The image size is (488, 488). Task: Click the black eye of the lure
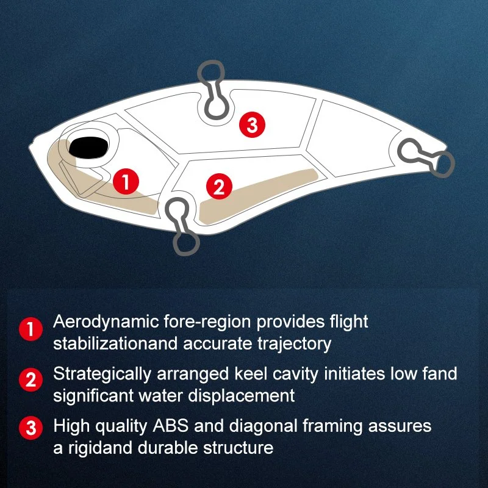[88, 147]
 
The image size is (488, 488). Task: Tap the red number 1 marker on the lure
[126, 181]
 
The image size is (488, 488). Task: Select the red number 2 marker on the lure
[219, 187]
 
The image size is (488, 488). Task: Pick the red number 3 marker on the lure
[252, 125]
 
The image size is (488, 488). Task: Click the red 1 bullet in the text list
[30, 329]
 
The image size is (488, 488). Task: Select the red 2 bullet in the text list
[30, 379]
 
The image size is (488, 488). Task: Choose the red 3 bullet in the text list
[30, 428]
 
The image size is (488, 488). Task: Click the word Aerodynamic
[106, 323]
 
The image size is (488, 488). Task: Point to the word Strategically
[102, 375]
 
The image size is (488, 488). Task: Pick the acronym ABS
[171, 425]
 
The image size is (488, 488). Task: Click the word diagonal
[264, 426]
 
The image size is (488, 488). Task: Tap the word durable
[167, 448]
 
